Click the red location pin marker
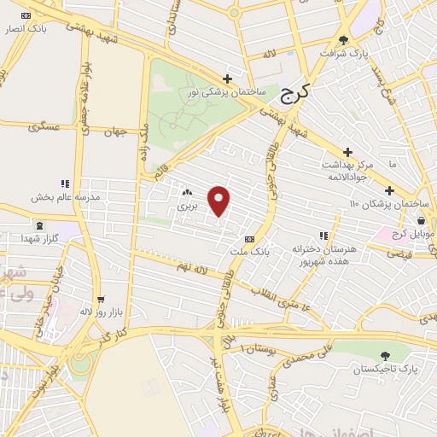(219, 201)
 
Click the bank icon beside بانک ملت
(248, 239)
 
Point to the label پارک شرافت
(343, 53)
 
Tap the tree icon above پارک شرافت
(343, 39)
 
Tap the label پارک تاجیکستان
(387, 369)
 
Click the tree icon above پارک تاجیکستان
(386, 355)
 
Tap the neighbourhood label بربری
(186, 206)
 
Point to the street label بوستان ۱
(257, 348)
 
